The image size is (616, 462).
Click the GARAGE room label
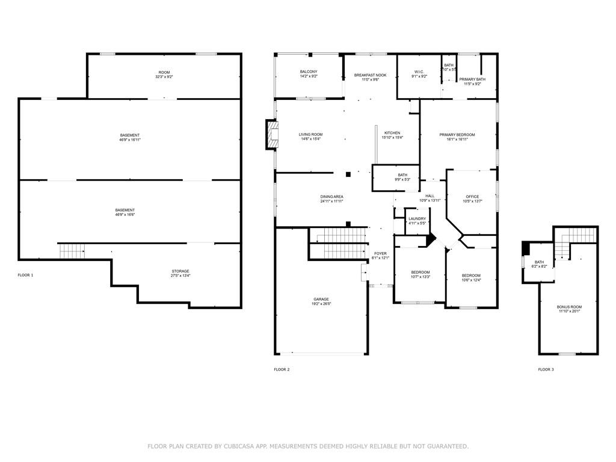(321, 299)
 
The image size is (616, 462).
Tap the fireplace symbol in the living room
(273, 135)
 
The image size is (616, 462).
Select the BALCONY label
(309, 72)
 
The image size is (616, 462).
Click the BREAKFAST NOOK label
(370, 75)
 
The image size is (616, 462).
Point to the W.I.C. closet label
(419, 72)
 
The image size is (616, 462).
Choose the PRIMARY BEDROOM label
(457, 135)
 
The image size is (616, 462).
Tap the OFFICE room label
(472, 197)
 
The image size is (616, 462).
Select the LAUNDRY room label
(417, 219)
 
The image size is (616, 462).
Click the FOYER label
(380, 254)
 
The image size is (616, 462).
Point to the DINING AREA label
(331, 197)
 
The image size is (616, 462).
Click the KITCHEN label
(392, 133)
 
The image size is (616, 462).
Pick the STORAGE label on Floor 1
(180, 271)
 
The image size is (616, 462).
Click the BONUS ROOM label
(569, 307)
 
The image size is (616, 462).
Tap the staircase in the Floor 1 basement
(72, 251)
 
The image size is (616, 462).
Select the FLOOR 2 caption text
(282, 369)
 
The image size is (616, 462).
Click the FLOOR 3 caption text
(546, 369)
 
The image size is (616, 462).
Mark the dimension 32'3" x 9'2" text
(164, 77)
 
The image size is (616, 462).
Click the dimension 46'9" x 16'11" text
(130, 140)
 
